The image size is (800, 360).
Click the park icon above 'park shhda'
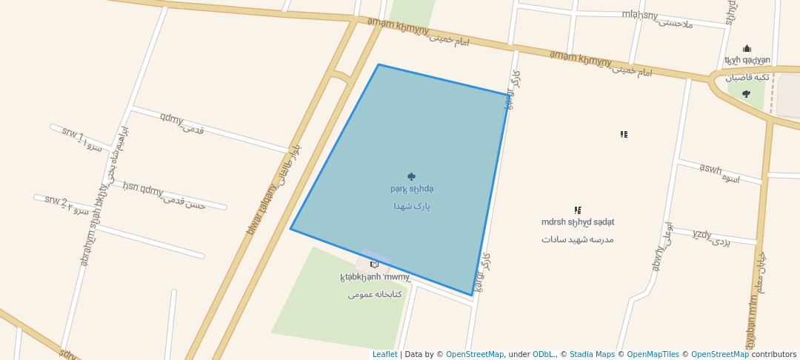click(x=412, y=177)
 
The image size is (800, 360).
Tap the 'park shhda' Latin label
click(x=412, y=190)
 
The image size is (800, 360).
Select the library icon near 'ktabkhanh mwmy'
click(x=374, y=264)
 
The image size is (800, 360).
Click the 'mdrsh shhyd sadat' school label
click(x=577, y=222)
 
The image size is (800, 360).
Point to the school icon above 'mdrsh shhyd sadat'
click(x=577, y=210)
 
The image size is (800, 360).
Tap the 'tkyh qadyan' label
click(x=747, y=61)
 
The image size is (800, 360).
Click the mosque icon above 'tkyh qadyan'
click(x=747, y=49)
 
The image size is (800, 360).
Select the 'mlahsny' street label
click(x=640, y=15)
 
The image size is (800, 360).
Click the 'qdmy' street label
click(x=172, y=119)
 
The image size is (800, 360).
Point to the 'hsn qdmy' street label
click(x=143, y=190)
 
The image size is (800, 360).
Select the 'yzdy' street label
click(x=702, y=235)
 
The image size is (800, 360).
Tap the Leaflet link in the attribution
click(x=384, y=354)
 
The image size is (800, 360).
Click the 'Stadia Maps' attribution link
click(x=591, y=354)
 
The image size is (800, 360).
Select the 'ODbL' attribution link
click(x=544, y=354)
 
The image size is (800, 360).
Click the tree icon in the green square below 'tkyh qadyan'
click(x=746, y=94)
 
